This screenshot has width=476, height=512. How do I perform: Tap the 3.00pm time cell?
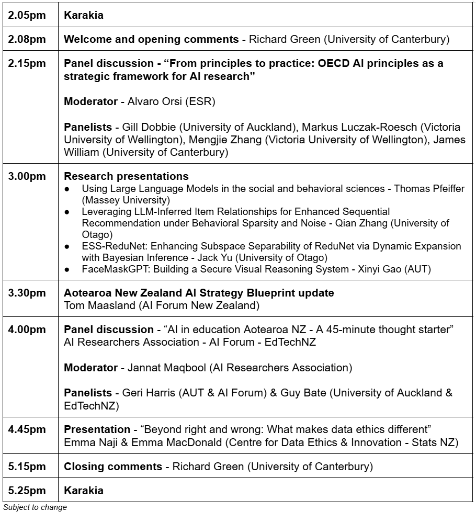pyautogui.click(x=27, y=176)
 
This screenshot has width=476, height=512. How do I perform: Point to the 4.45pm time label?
pyautogui.click(x=27, y=429)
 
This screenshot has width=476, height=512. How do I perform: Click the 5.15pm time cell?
pyautogui.click(x=27, y=467)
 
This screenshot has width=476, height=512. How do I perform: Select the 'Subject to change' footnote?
pyautogui.click(x=35, y=507)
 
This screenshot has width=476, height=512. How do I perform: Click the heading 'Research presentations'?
pyautogui.click(x=126, y=176)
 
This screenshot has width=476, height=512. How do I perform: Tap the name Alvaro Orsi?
pyautogui.click(x=153, y=101)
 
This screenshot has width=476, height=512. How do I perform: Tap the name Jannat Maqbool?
pyautogui.click(x=167, y=368)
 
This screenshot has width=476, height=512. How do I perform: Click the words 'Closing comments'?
pyautogui.click(x=113, y=467)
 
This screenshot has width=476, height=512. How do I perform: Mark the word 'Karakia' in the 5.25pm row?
pyautogui.click(x=84, y=491)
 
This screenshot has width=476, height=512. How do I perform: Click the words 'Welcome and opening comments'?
pyautogui.click(x=151, y=39)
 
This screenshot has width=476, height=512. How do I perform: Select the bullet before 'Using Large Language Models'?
pyautogui.click(x=67, y=189)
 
